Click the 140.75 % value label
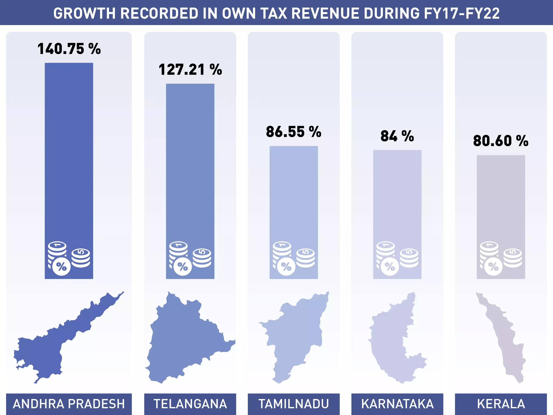coord(69,49)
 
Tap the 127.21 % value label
coord(190,70)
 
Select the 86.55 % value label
coord(294,132)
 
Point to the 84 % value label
coord(397,136)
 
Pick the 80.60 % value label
coord(501,141)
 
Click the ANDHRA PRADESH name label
coord(69,404)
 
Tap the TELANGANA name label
coord(190,404)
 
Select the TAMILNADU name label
coord(294,404)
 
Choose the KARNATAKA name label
coord(397,404)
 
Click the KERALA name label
coord(501,404)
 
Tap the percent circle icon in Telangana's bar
coord(183,267)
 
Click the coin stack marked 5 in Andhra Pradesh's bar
coord(81,258)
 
